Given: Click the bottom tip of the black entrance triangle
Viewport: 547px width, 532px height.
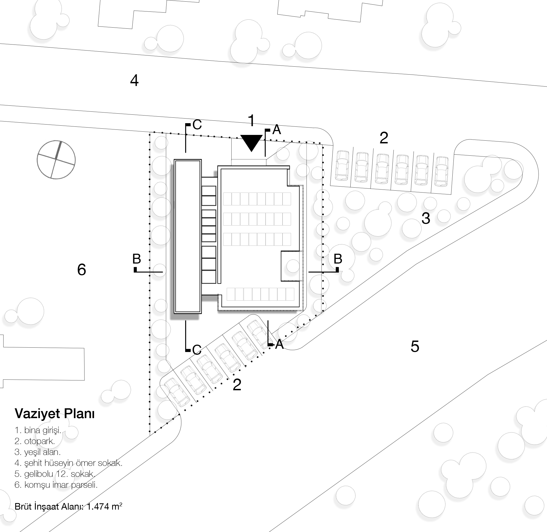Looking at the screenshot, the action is (252, 152).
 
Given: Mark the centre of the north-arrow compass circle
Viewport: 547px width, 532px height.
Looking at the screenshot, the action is (56, 160).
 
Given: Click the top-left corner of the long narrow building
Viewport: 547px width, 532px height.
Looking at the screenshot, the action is (174, 159).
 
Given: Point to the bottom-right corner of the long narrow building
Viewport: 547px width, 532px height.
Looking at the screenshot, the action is (202, 313).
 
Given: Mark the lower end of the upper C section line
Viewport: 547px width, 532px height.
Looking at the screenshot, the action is (185, 152).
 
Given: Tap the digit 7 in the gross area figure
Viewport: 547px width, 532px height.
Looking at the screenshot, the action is (104, 506).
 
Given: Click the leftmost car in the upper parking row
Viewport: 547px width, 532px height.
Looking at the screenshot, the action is (342, 165).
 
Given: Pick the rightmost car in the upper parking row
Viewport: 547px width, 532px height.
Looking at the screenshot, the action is (442, 172).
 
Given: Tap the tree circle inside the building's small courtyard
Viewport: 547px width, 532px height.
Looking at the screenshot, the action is (293, 266).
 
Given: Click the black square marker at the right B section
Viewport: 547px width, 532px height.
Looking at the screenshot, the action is (337, 270).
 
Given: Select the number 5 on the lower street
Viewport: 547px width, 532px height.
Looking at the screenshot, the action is (415, 347).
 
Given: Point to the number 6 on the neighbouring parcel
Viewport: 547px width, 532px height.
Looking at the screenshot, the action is (82, 270).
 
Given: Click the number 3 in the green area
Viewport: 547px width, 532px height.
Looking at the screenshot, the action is (426, 218).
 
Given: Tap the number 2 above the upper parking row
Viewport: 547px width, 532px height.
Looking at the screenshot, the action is (384, 138).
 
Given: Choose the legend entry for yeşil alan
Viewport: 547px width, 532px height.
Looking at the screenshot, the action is (37, 452).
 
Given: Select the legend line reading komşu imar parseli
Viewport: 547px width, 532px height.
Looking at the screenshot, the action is (56, 485).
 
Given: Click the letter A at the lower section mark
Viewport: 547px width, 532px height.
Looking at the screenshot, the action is (279, 344).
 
